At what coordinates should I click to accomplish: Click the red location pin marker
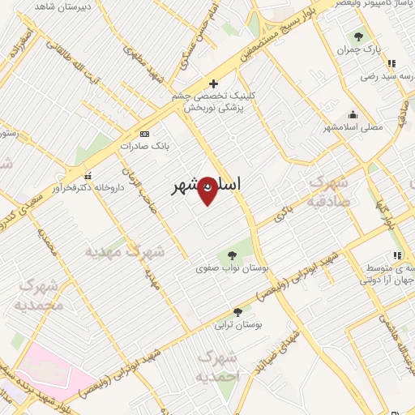pos(207,190)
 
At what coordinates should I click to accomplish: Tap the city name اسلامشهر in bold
pos(207,186)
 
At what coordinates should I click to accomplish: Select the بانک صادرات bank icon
pos(144,133)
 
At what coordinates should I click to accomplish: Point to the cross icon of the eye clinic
pos(213,83)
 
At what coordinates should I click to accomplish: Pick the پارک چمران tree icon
pos(358,36)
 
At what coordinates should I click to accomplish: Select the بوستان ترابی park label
pos(235,325)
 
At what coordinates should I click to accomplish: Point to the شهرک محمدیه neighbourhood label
pos(39,297)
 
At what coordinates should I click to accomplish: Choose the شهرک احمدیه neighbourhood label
pos(220,367)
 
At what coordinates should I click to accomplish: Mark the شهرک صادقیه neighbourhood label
pos(329,191)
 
